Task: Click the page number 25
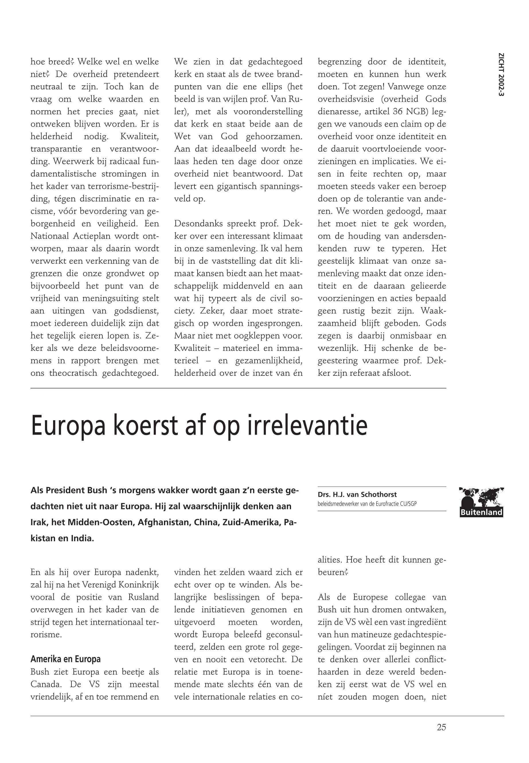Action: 441,727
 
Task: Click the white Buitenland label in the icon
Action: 481,512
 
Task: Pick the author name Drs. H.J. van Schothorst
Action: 357,495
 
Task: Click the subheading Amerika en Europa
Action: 65,659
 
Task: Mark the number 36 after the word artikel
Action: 397,111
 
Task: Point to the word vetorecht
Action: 272,659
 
